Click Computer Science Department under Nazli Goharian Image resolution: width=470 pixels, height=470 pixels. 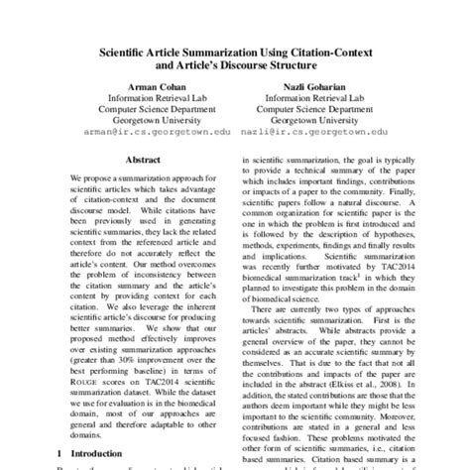tap(313, 102)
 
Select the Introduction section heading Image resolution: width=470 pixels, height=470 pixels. tap(62, 451)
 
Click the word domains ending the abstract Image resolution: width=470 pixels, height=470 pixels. tap(59, 432)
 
